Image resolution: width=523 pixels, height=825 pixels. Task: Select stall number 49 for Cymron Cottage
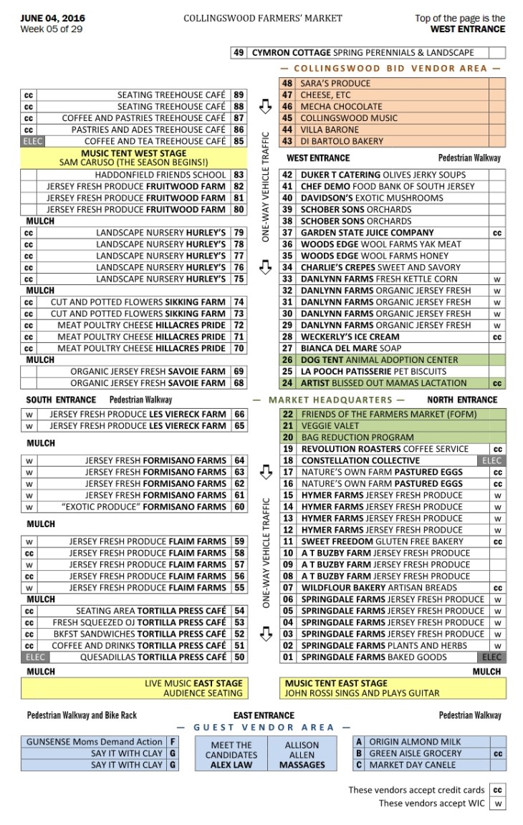click(x=239, y=53)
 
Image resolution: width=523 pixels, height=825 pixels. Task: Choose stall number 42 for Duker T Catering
click(x=287, y=175)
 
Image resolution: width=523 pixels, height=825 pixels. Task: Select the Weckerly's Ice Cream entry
click(x=350, y=337)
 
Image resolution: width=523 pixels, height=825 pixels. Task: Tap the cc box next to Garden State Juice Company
click(x=497, y=233)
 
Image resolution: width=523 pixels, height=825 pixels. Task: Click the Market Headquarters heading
click(x=328, y=400)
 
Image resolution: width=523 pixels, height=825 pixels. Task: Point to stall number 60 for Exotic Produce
click(x=239, y=506)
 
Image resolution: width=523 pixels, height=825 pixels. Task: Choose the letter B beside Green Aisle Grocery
click(x=359, y=753)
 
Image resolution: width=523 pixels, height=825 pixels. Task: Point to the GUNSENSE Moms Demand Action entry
click(x=95, y=742)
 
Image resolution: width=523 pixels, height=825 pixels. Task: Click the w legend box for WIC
click(x=497, y=804)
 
